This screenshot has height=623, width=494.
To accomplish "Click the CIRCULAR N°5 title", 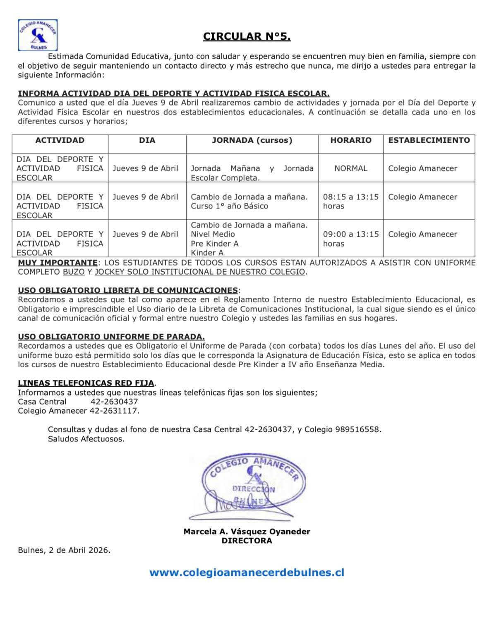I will (247, 36).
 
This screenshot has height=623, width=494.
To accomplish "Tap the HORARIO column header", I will (351, 140).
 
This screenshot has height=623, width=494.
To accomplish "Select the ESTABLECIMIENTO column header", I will (429, 140).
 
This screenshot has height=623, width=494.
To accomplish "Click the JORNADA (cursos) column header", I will (252, 140).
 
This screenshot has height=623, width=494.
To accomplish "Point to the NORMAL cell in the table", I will (351, 168).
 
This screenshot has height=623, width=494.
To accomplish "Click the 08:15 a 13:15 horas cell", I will (351, 201).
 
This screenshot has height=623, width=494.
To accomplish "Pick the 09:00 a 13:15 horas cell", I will (351, 239).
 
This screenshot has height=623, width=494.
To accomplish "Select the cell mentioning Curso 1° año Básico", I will (252, 201).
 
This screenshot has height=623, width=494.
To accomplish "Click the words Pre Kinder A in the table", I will (215, 244).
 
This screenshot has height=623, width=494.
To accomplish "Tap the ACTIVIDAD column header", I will (60, 140).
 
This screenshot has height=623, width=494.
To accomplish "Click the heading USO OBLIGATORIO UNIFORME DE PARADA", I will (111, 337).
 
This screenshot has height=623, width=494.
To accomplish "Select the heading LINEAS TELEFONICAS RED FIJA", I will (86, 383).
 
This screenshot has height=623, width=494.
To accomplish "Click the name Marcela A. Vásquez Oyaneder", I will (247, 532).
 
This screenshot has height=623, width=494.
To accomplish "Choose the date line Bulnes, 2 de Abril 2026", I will (64, 550).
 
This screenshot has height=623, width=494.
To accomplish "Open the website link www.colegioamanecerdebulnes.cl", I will (247, 573).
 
